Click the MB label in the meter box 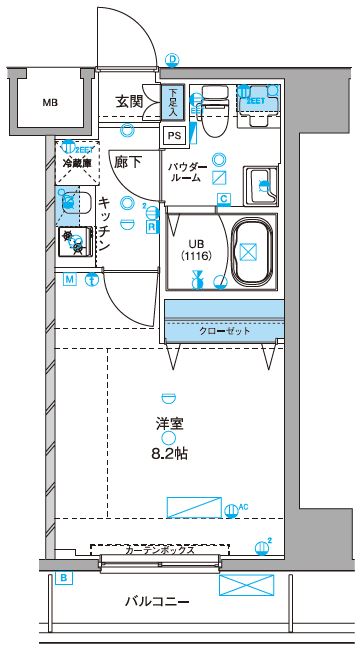49,102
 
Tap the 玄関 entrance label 128,102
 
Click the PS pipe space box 173,136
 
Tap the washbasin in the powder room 263,183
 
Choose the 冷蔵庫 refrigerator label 76,163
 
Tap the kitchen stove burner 73,241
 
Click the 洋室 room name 169,422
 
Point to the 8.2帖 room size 169,453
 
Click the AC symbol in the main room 233,509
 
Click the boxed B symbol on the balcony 63,578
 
